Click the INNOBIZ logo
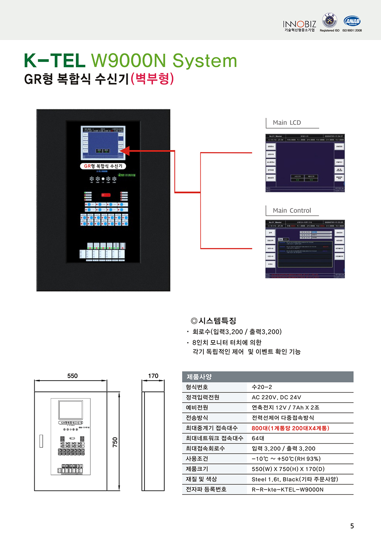click(x=299, y=25)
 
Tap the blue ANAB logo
click(x=352, y=21)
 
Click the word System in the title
click(x=205, y=61)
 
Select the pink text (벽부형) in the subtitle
click(x=152, y=79)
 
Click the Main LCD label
click(x=287, y=122)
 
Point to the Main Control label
click(x=291, y=211)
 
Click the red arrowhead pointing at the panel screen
click(x=124, y=151)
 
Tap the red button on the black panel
click(x=106, y=195)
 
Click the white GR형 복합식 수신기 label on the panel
click(x=103, y=166)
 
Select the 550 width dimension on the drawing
click(x=72, y=376)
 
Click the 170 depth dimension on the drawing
click(x=153, y=376)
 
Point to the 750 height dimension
click(x=115, y=442)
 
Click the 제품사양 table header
click(x=199, y=377)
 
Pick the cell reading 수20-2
click(x=262, y=387)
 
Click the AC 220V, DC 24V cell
click(x=276, y=397)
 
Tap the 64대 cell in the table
click(x=258, y=438)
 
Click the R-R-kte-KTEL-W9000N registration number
click(x=288, y=489)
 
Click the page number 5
click(x=352, y=526)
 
